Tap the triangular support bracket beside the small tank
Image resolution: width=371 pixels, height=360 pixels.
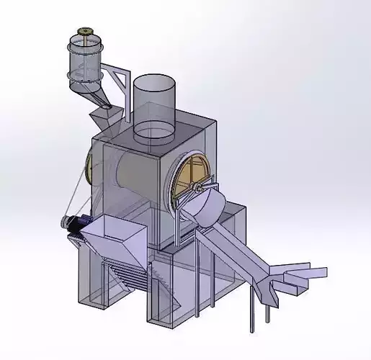(x=118, y=79)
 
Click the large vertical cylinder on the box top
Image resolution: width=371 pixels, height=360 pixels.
(x=153, y=104)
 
